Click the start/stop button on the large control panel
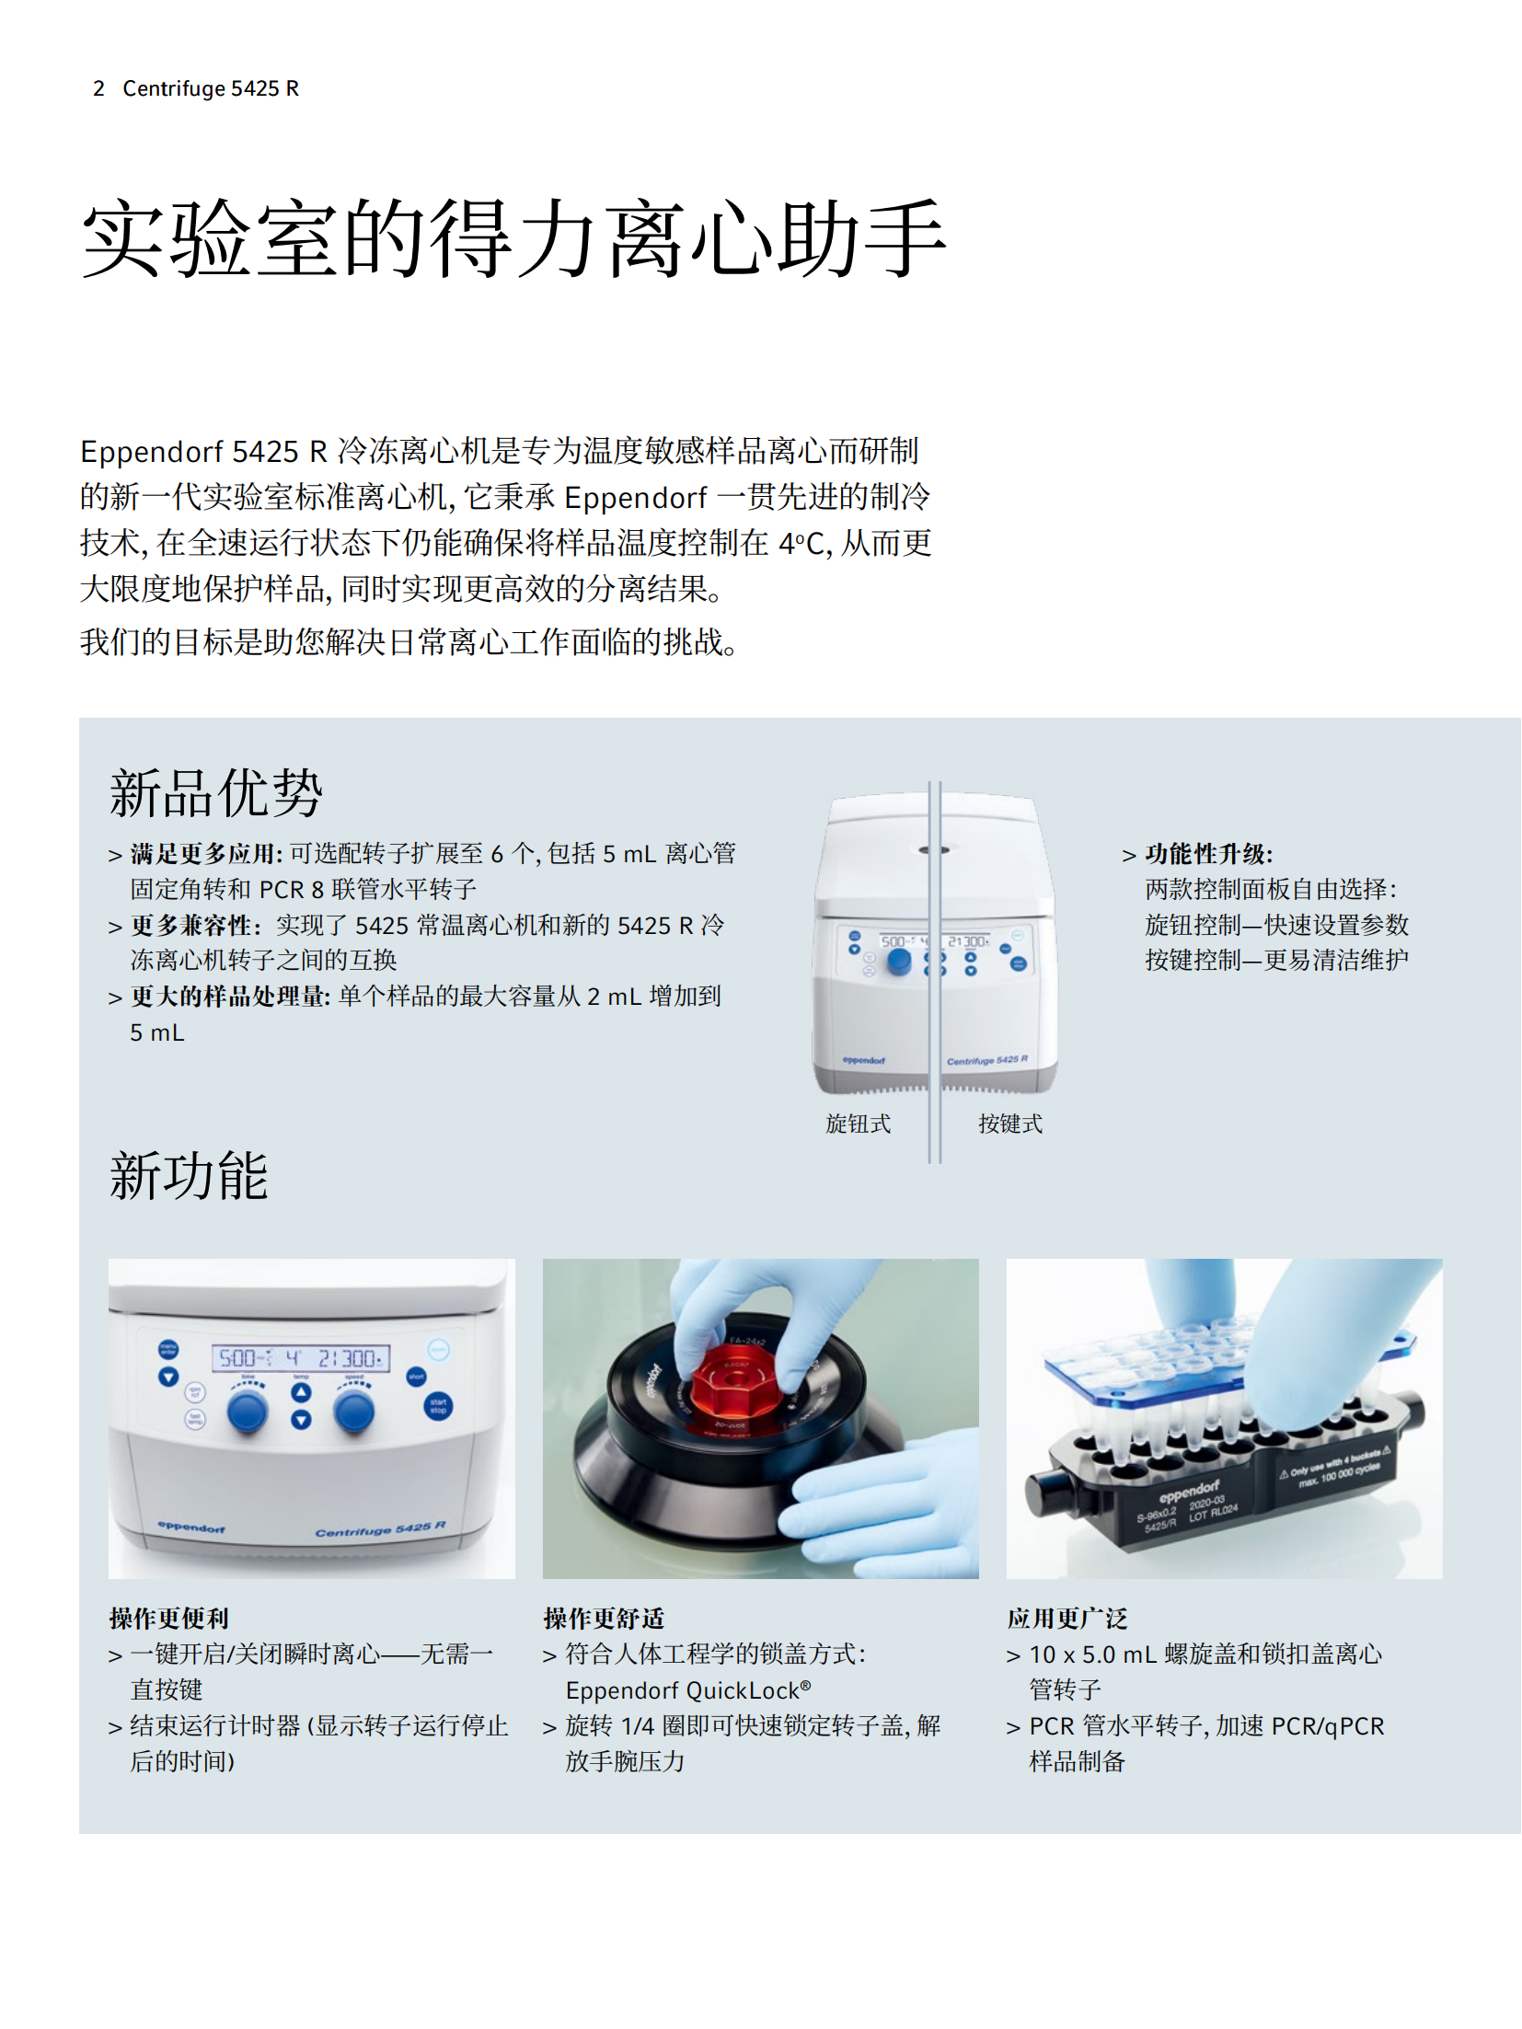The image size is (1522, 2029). tap(438, 1406)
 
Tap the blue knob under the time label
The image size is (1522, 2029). tap(248, 1411)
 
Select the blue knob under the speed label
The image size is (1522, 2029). tap(354, 1412)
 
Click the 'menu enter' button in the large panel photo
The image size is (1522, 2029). tap(168, 1350)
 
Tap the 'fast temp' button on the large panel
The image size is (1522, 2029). tap(195, 1418)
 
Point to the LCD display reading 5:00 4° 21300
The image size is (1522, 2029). tap(301, 1358)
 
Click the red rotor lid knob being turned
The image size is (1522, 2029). tap(737, 1384)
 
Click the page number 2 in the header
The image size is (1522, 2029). tap(98, 88)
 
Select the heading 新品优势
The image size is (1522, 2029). tap(216, 792)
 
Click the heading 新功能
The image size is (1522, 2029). tap(189, 1176)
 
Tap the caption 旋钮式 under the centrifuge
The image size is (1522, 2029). tap(859, 1124)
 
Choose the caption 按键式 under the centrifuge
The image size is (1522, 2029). tap(1010, 1124)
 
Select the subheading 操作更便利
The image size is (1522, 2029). tap(168, 1618)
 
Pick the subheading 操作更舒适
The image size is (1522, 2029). tap(604, 1618)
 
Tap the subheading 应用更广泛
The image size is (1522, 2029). tap(1067, 1618)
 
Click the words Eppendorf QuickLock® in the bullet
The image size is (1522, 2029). tap(688, 1690)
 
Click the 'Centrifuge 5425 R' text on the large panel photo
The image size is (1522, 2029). tap(381, 1529)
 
